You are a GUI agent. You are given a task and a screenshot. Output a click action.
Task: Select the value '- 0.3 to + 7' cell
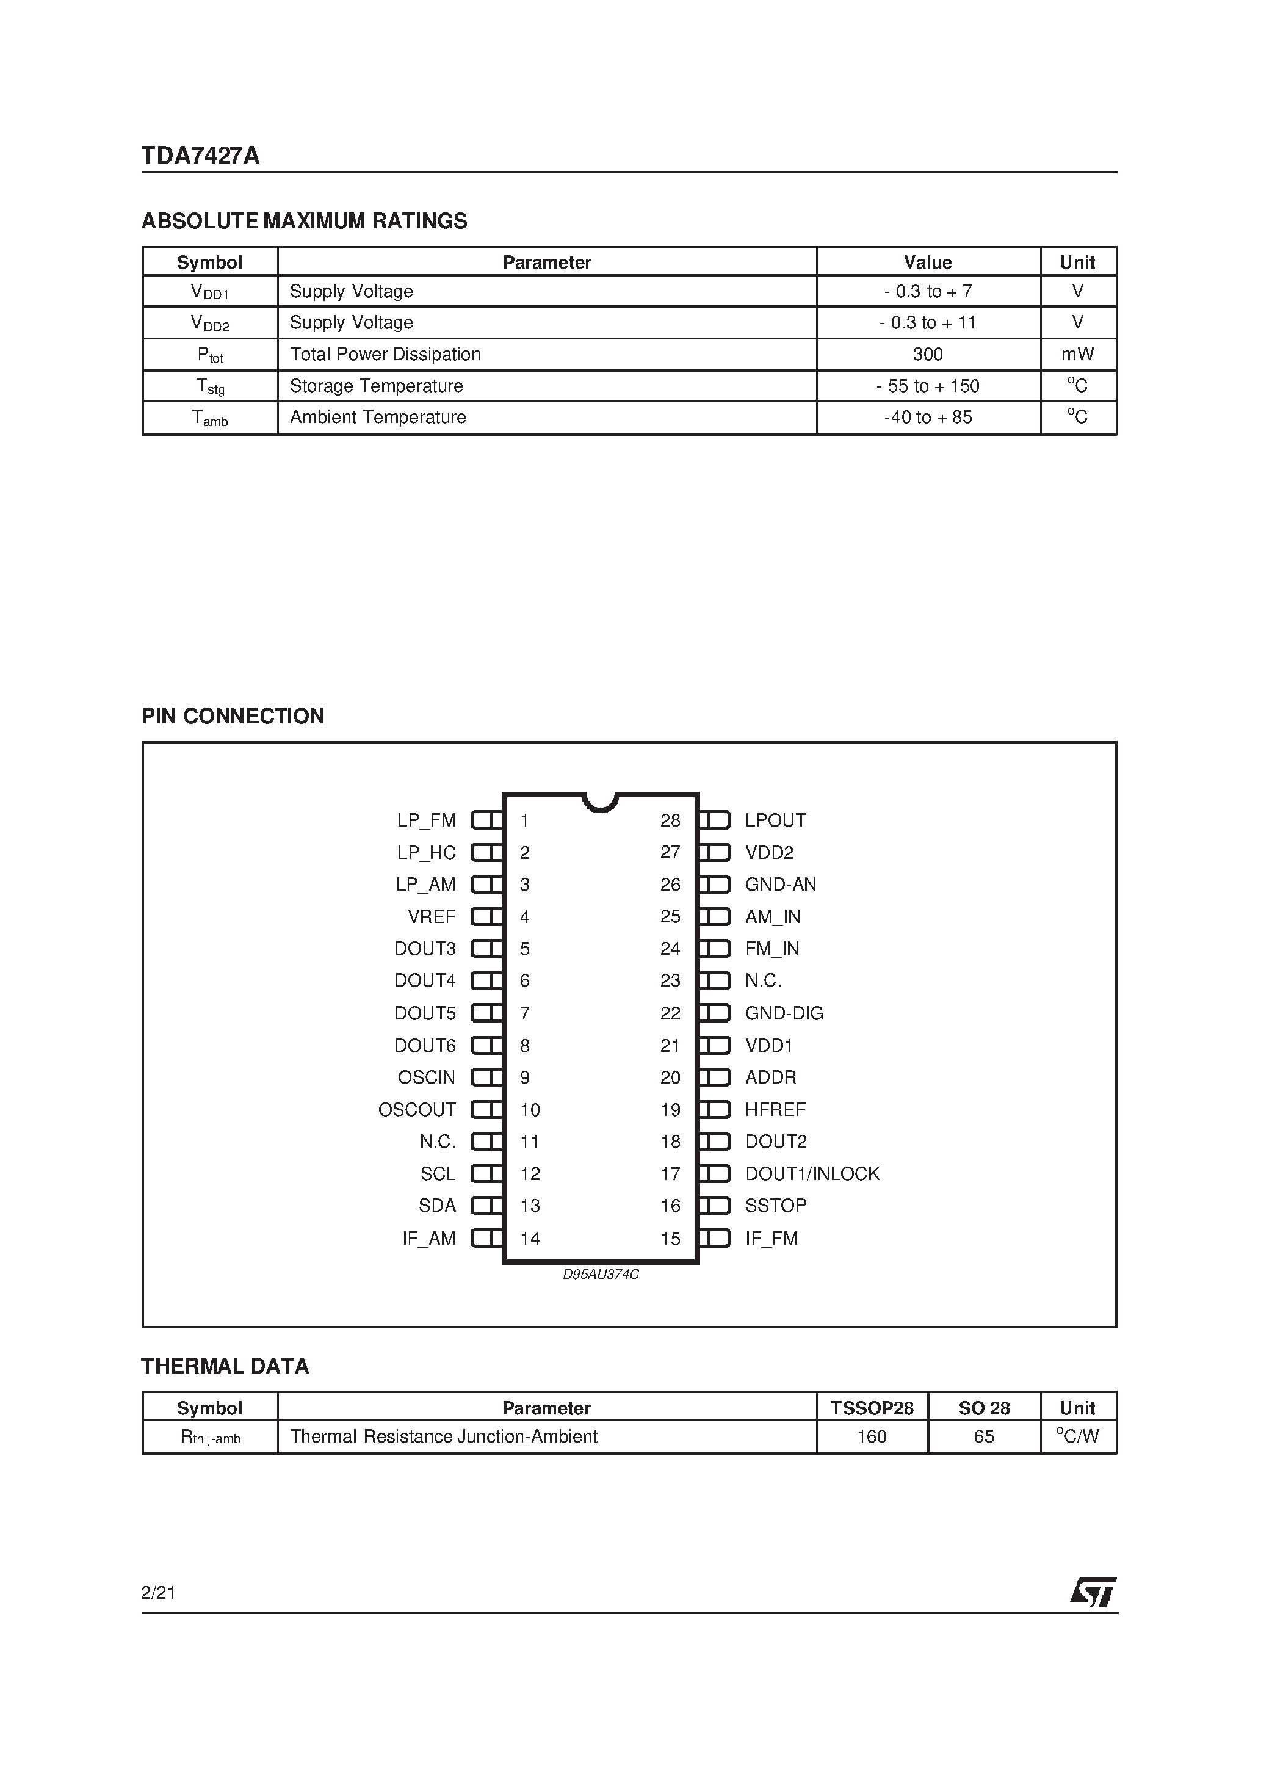tap(928, 292)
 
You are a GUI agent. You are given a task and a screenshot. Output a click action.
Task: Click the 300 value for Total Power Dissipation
tap(928, 355)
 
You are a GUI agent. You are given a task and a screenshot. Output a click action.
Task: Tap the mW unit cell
tap(1077, 355)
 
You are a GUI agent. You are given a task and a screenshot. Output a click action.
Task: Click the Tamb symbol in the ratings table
tap(210, 418)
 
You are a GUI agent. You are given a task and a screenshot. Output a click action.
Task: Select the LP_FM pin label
tap(426, 820)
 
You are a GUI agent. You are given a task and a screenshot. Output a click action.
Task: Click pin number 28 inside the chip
tap(670, 820)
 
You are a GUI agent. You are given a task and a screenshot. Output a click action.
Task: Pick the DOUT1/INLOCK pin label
tap(812, 1173)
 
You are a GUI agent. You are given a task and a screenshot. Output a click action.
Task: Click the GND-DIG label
tap(784, 1013)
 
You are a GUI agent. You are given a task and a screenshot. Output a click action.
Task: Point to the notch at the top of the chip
tap(600, 802)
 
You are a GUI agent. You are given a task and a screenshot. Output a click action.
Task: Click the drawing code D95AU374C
tap(600, 1275)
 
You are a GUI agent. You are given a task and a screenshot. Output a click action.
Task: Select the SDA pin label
tap(437, 1206)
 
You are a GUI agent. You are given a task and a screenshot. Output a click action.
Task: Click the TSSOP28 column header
tap(872, 1408)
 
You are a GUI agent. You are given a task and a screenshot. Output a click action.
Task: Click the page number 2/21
tap(159, 1593)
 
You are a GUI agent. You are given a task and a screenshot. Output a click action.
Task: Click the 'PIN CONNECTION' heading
tap(233, 716)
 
